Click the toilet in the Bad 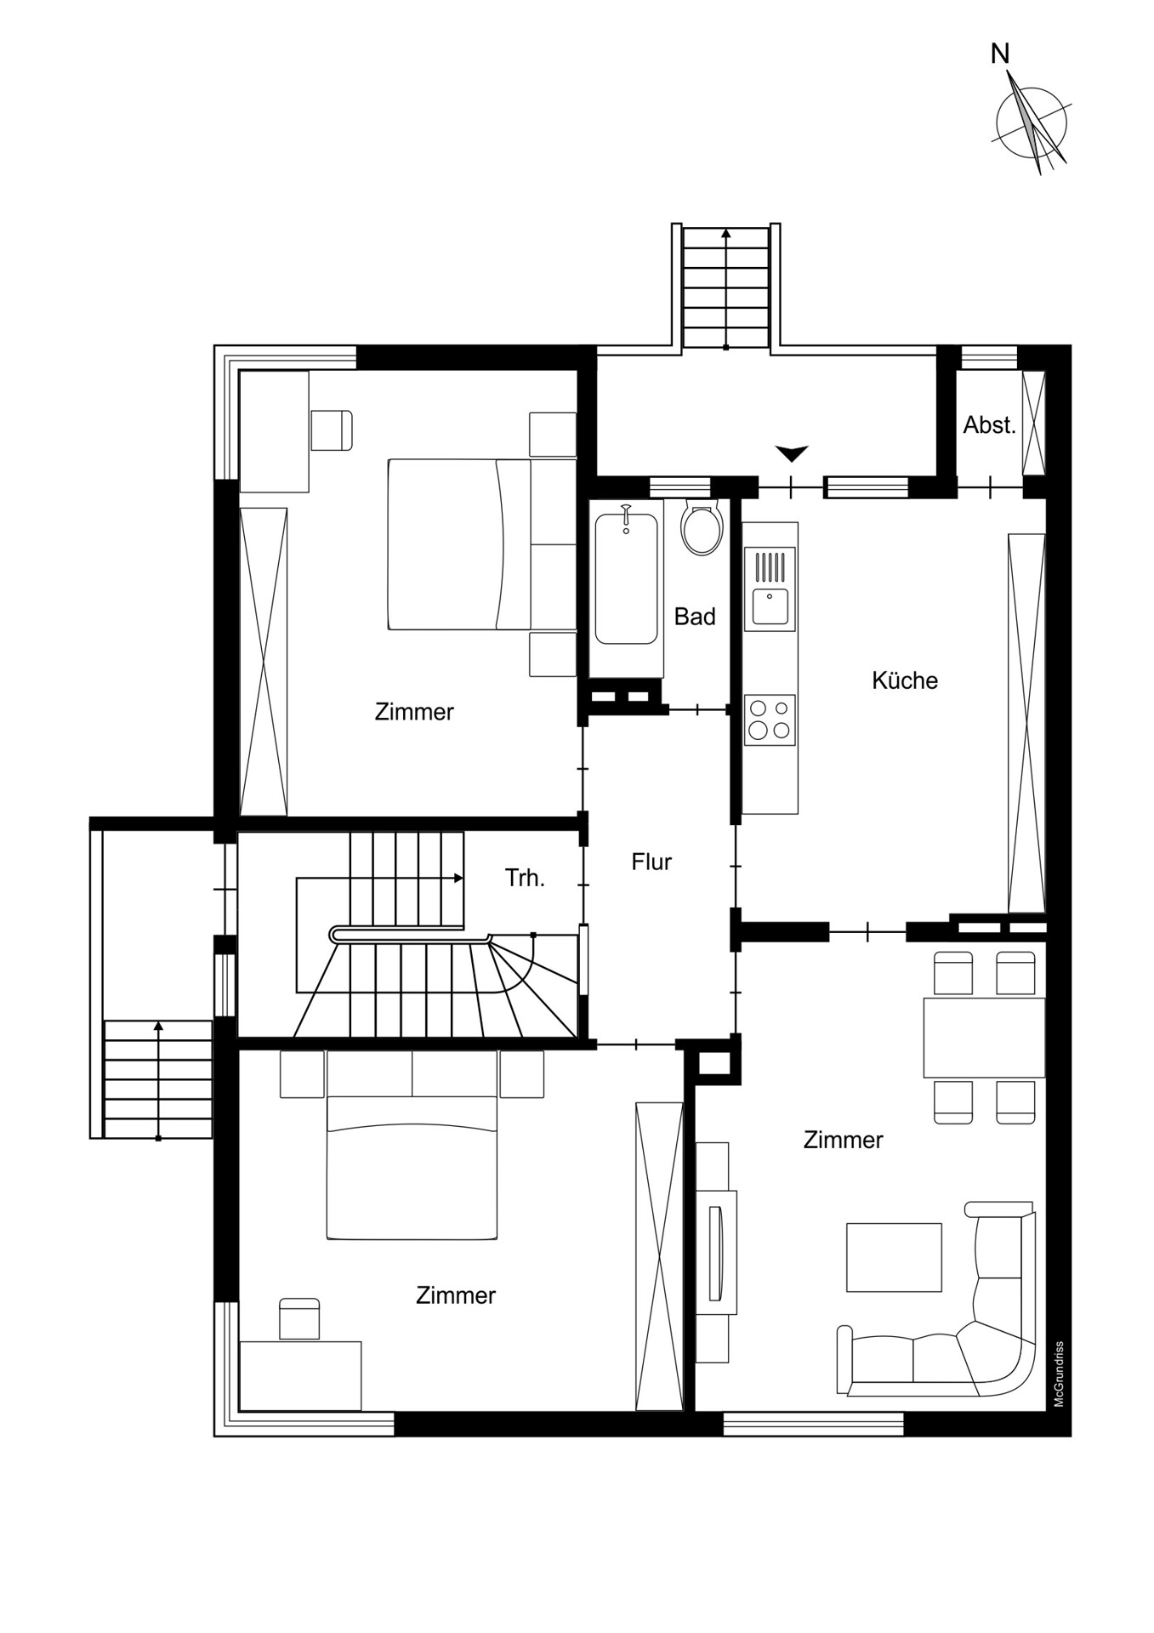[702, 527]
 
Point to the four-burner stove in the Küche [770, 720]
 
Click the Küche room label [905, 680]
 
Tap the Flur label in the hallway [651, 862]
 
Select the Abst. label [989, 424]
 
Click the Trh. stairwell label [525, 878]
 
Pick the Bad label [695, 617]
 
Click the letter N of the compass [1000, 54]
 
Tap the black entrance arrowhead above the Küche [792, 453]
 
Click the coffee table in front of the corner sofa [894, 1257]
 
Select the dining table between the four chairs [984, 1038]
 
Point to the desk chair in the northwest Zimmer [332, 430]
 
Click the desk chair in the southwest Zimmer [299, 1319]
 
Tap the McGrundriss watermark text [1059, 1374]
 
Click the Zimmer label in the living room [843, 1140]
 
